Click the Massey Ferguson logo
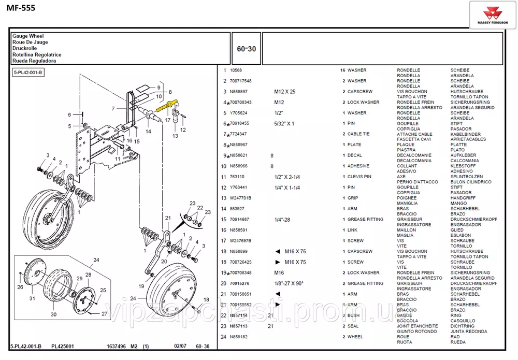pyautogui.click(x=493, y=14)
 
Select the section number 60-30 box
pyautogui.click(x=246, y=48)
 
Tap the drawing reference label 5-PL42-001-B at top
pyautogui.click(x=28, y=73)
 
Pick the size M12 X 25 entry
pyautogui.click(x=284, y=92)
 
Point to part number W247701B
pyautogui.click(x=240, y=198)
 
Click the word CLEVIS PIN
pyautogui.click(x=359, y=177)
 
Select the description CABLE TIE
pyautogui.click(x=358, y=134)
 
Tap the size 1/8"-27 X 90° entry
pyautogui.click(x=289, y=283)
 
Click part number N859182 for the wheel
pyautogui.click(x=239, y=337)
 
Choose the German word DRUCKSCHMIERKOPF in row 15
pyautogui.click(x=473, y=219)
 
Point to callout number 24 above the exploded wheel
pyautogui.click(x=96, y=260)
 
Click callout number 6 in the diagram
pyautogui.click(x=69, y=114)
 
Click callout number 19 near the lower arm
pyautogui.click(x=141, y=286)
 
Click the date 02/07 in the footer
pyautogui.click(x=180, y=346)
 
